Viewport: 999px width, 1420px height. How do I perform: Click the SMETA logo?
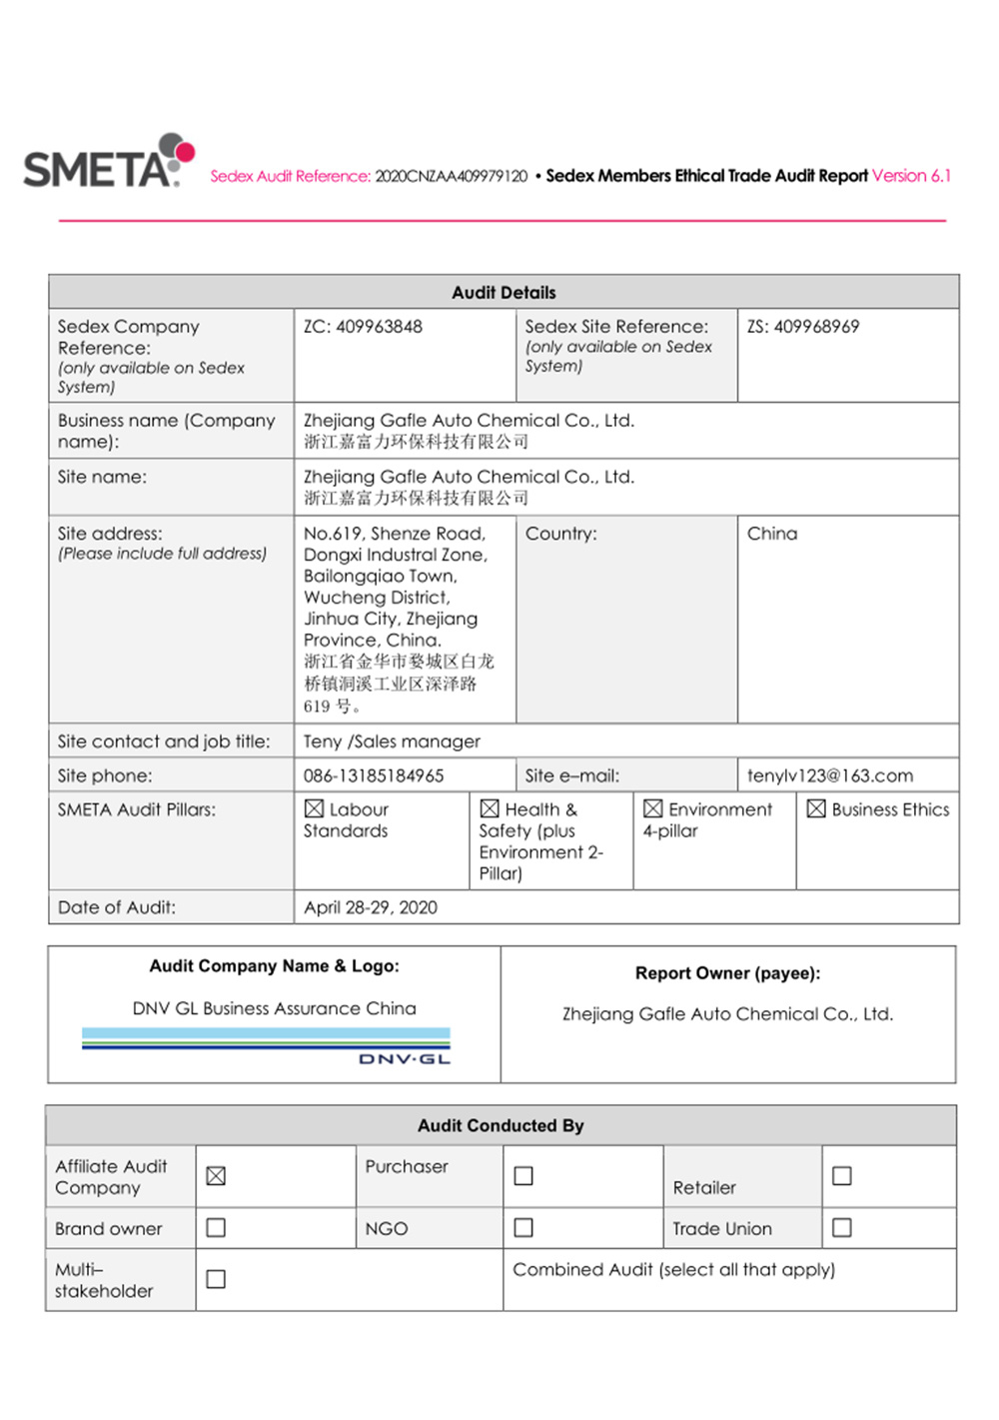coord(108,162)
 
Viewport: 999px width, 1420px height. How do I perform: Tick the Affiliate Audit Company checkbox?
coord(216,1176)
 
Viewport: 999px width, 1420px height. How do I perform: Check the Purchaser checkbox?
coord(523,1176)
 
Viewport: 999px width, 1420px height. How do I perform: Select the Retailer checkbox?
coord(842,1176)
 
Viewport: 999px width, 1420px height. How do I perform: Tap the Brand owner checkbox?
coord(216,1227)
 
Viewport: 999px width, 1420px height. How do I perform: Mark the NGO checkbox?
coord(523,1227)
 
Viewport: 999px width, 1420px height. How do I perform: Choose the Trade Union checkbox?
coord(842,1227)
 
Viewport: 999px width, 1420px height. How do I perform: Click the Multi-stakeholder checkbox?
coord(216,1279)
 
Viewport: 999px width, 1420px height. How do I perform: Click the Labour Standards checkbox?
coord(315,808)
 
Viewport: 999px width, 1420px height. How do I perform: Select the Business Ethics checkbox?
coord(816,808)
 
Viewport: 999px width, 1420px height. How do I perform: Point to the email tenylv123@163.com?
coord(829,775)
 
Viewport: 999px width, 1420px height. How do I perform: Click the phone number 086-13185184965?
coord(374,775)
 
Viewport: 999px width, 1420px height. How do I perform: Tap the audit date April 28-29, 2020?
coord(371,907)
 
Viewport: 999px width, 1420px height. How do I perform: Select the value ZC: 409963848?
coord(363,327)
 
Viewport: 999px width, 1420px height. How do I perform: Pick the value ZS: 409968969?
coord(802,327)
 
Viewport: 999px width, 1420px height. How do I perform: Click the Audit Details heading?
coord(503,293)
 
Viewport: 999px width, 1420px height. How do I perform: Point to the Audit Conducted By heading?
coord(500,1125)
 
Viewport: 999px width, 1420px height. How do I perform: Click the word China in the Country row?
coord(772,534)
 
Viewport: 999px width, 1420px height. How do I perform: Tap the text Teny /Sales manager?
coord(392,741)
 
